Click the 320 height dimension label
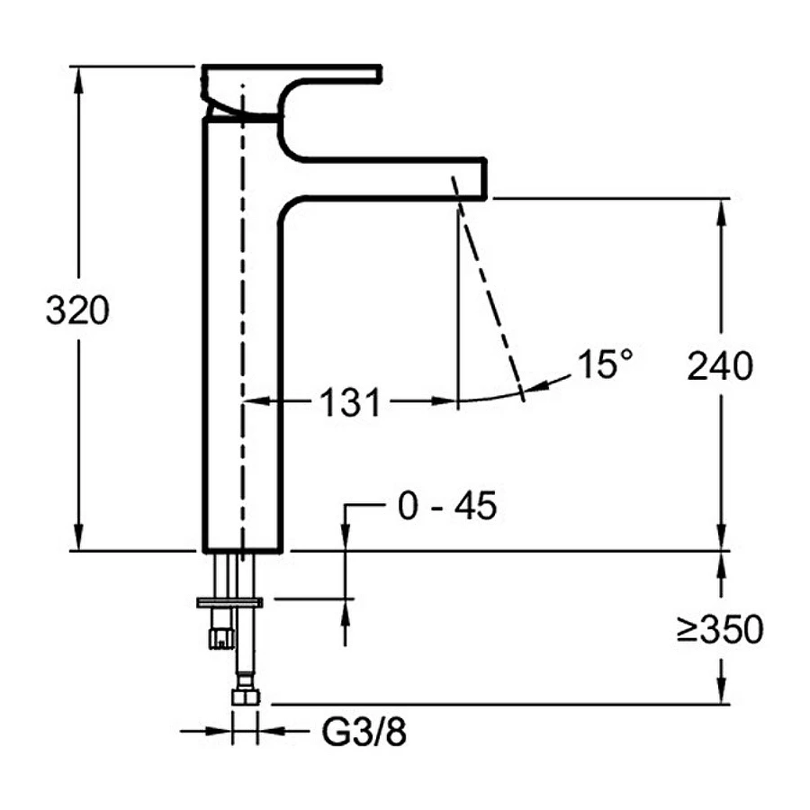pos(77,311)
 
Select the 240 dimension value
pos(719,366)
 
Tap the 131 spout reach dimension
pos(350,403)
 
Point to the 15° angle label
pos(605,364)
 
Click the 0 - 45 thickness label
pos(446,508)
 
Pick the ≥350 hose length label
pos(719,630)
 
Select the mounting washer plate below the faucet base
pos(229,600)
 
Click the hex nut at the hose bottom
pos(245,696)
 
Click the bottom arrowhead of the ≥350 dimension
pos(720,695)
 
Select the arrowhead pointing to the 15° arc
pos(537,387)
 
